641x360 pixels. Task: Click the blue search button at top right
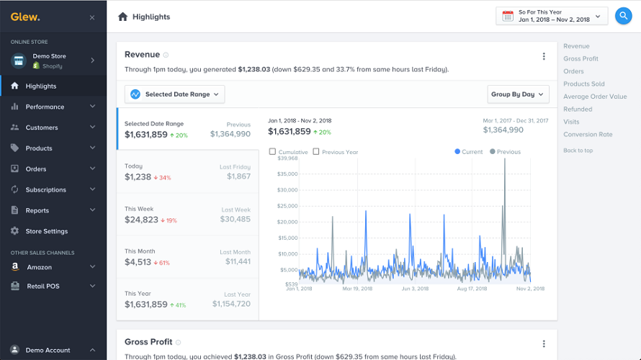[x=623, y=16]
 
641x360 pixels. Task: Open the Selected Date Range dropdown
[x=175, y=94]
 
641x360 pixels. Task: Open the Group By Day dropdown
[x=518, y=94]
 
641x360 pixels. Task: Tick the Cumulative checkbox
[x=272, y=152]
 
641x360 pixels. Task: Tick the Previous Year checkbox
[x=317, y=152]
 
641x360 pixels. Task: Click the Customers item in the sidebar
[x=42, y=127]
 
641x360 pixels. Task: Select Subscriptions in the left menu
[x=46, y=190]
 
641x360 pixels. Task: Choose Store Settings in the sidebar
[x=46, y=231]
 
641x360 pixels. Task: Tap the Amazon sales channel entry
[x=40, y=266]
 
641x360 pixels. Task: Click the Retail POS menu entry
[x=43, y=286]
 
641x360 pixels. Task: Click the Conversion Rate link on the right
[x=588, y=135]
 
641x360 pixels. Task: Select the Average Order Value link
[x=595, y=96]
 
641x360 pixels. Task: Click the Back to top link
[x=578, y=150]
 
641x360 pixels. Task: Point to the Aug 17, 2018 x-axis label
[x=472, y=288]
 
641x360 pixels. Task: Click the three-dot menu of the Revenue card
[x=544, y=56]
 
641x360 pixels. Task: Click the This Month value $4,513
[x=138, y=262]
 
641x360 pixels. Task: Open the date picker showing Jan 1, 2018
[x=553, y=16]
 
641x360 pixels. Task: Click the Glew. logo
[x=25, y=17]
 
